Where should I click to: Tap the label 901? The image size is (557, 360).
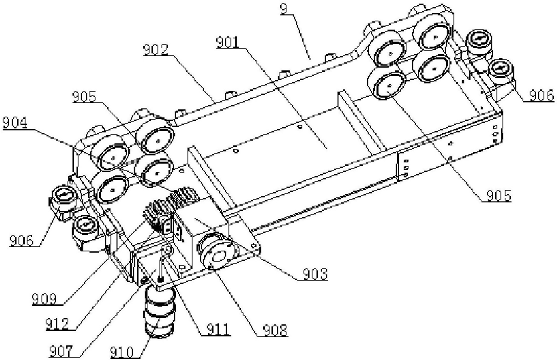click(229, 42)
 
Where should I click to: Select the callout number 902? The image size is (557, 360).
click(156, 48)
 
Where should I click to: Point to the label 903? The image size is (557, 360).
click(314, 273)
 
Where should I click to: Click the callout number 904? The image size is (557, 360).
click(15, 123)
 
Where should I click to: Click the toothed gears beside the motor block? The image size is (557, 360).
click(168, 208)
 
